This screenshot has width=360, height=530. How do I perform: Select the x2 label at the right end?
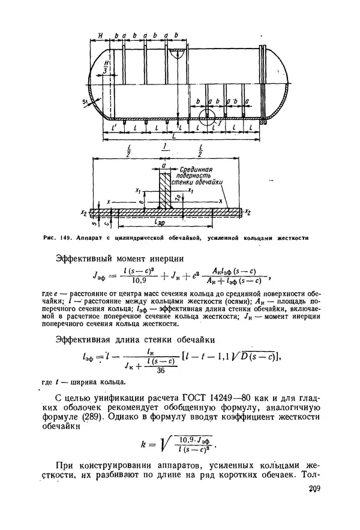tap(247, 212)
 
